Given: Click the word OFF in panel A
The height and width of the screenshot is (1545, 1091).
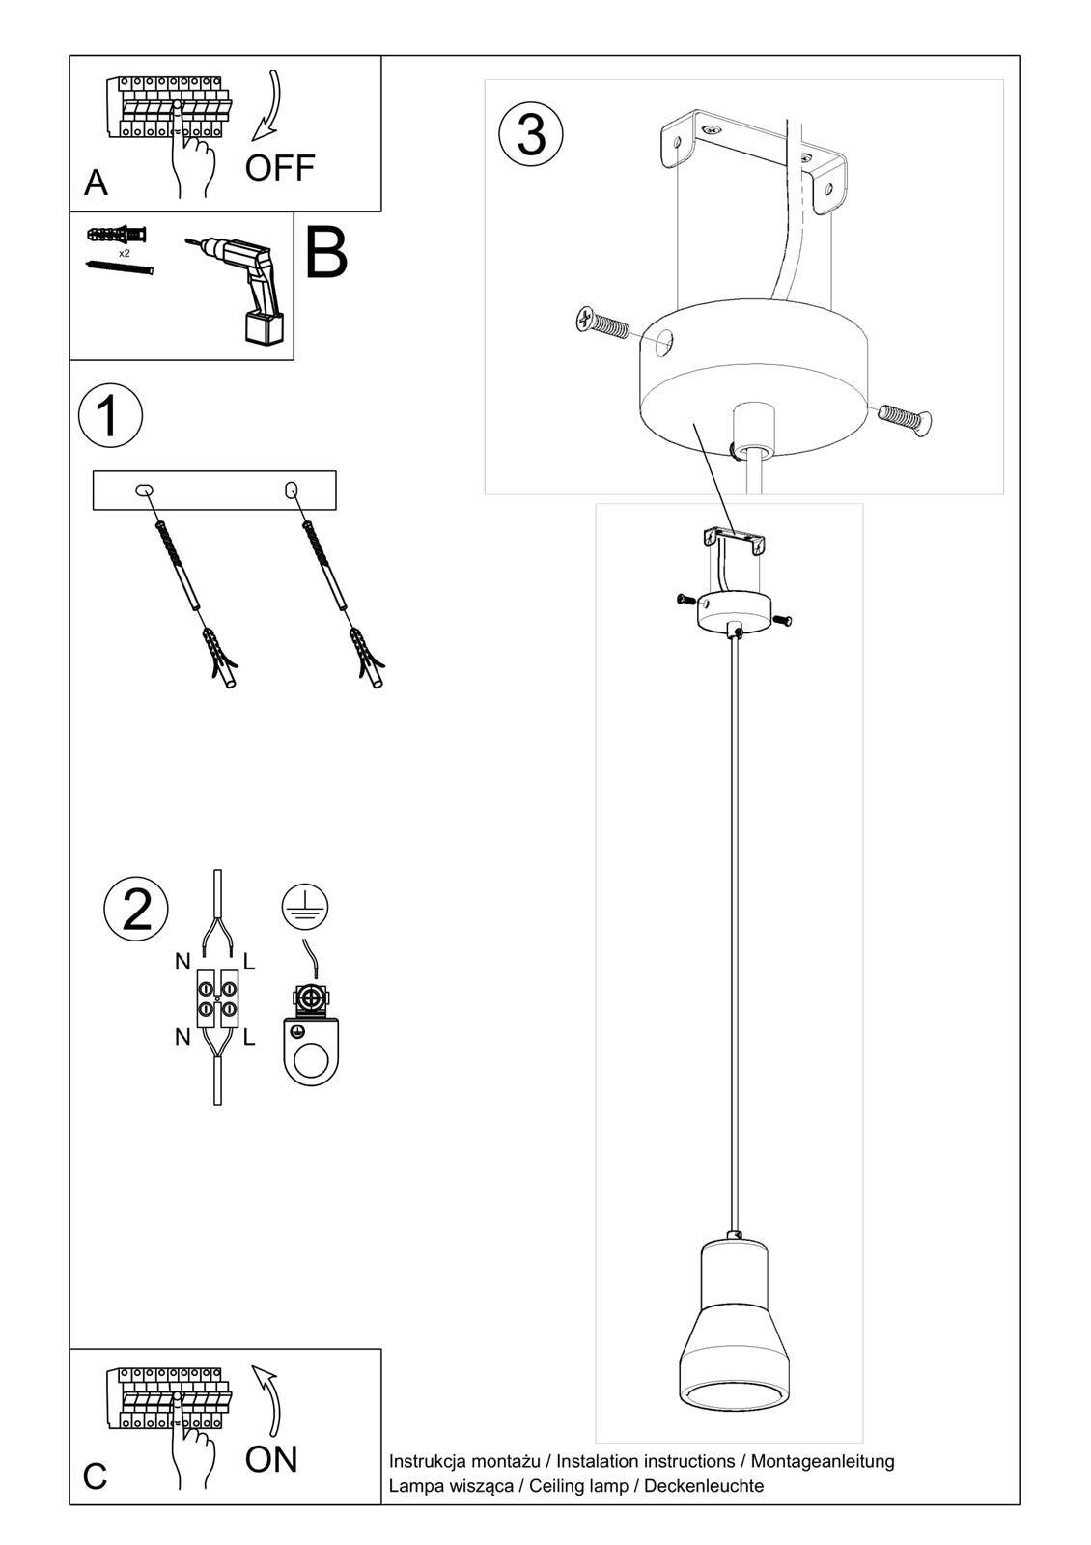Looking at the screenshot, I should [x=279, y=168].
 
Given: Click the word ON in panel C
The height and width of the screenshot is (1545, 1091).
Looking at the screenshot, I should [x=271, y=1459].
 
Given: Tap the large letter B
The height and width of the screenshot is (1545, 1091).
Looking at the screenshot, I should [x=326, y=253].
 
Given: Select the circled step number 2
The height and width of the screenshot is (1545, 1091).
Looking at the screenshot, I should [x=136, y=909].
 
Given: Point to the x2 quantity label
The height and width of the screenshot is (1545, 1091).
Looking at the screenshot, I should [x=125, y=252].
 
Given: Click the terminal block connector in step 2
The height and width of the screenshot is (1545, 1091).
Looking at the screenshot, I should [x=217, y=997].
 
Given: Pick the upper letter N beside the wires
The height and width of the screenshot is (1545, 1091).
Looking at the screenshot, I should [x=182, y=961].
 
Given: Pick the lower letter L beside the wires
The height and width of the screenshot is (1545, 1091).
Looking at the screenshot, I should [x=249, y=1038].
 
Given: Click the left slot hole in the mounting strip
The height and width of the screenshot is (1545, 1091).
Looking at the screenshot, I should [x=143, y=491].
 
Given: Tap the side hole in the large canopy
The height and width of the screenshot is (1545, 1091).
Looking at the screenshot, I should [x=663, y=341].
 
